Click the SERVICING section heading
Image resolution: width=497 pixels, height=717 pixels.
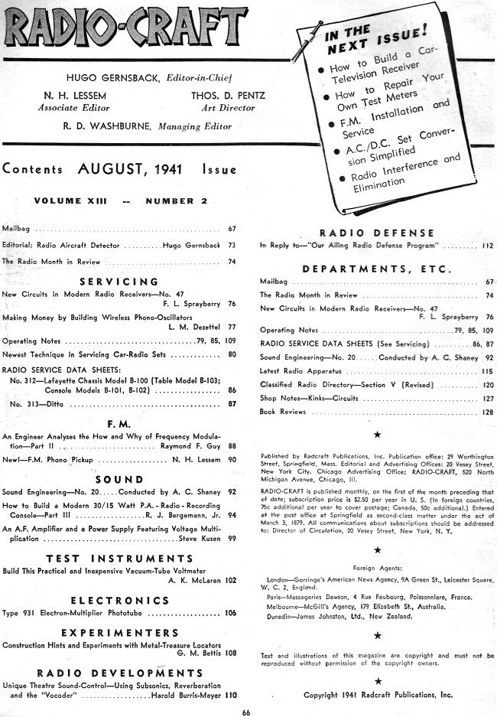124,282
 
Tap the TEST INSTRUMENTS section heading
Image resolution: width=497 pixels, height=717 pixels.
124,559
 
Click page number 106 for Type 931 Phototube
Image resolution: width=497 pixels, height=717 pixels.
231,614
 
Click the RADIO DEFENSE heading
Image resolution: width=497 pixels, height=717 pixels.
376,233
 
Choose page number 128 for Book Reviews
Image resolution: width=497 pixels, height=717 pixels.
488,412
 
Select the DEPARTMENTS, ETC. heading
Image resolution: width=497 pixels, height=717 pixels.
377,269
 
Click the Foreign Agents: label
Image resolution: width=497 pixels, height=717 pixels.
376,569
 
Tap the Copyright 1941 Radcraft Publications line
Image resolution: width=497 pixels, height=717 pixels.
378,695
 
